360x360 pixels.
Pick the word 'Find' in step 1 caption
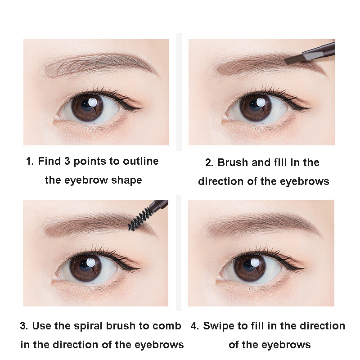[49, 161]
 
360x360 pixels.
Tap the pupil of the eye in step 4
[250, 268]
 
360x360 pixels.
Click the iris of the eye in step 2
[255, 108]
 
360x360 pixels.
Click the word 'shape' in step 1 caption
[128, 180]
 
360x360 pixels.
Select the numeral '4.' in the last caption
[194, 326]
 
